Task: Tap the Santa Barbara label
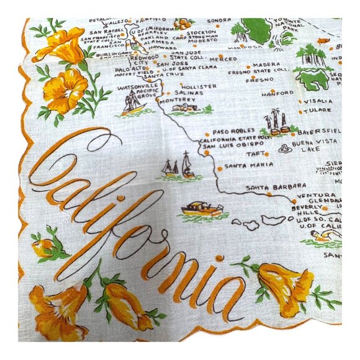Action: tap(266, 187)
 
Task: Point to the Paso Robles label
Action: tap(230, 132)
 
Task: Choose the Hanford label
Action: tap(277, 93)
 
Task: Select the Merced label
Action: tap(223, 59)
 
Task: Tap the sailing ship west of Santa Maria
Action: tap(179, 166)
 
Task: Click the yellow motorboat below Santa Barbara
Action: tap(202, 209)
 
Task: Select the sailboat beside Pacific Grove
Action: tap(132, 105)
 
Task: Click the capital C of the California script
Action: tap(62, 164)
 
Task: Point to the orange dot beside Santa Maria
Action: tap(219, 168)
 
